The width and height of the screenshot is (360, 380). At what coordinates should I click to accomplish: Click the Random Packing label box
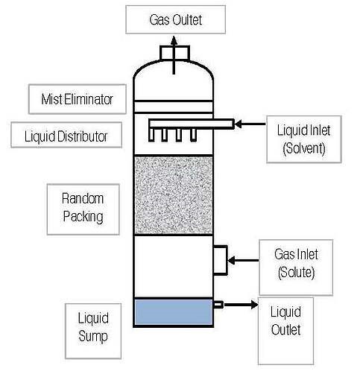coord(82,207)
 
